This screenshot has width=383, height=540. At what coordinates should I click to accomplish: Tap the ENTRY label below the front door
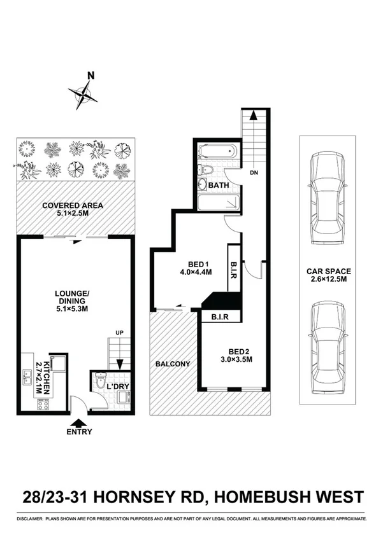[x=78, y=432]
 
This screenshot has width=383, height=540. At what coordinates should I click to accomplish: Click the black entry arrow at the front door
[x=78, y=422]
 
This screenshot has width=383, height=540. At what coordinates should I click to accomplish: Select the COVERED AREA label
[x=72, y=210]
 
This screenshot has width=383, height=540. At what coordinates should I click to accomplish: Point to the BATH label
[x=219, y=186]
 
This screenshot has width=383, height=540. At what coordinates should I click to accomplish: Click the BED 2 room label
[x=232, y=355]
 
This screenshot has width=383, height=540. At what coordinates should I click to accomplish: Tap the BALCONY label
[x=173, y=364]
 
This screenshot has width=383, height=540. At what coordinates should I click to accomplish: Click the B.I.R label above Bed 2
[x=220, y=315]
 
